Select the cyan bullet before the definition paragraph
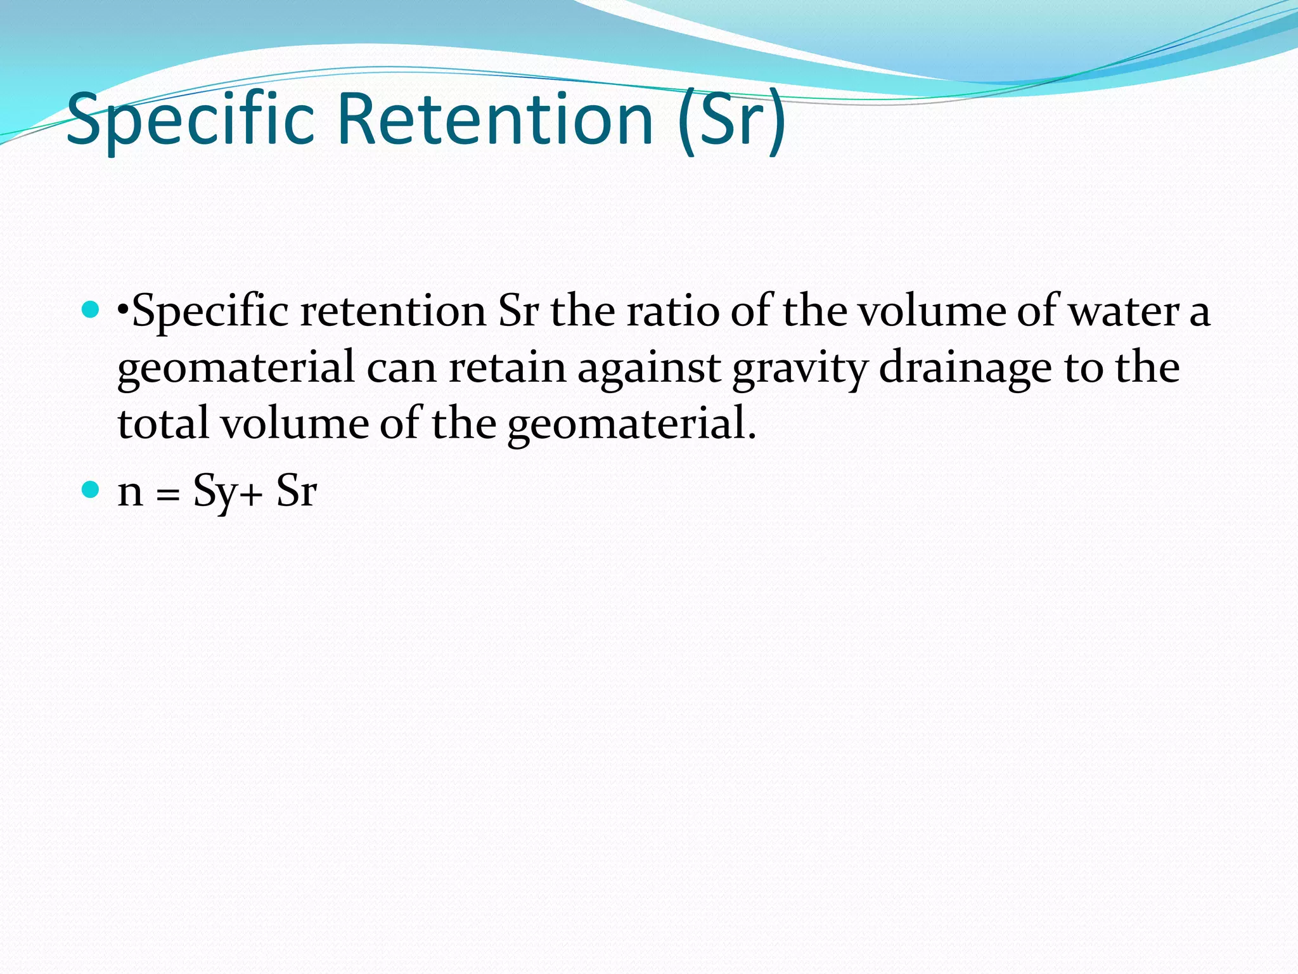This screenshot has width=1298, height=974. pyautogui.click(x=91, y=310)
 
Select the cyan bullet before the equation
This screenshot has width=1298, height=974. pyautogui.click(x=91, y=490)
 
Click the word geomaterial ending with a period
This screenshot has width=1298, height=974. pyautogui.click(x=631, y=424)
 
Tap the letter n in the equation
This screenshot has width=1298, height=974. pyautogui.click(x=131, y=491)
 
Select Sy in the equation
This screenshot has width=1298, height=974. pyautogui.click(x=215, y=491)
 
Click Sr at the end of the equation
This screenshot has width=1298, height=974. pyautogui.click(x=296, y=491)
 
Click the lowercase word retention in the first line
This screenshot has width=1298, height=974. pyautogui.click(x=393, y=311)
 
